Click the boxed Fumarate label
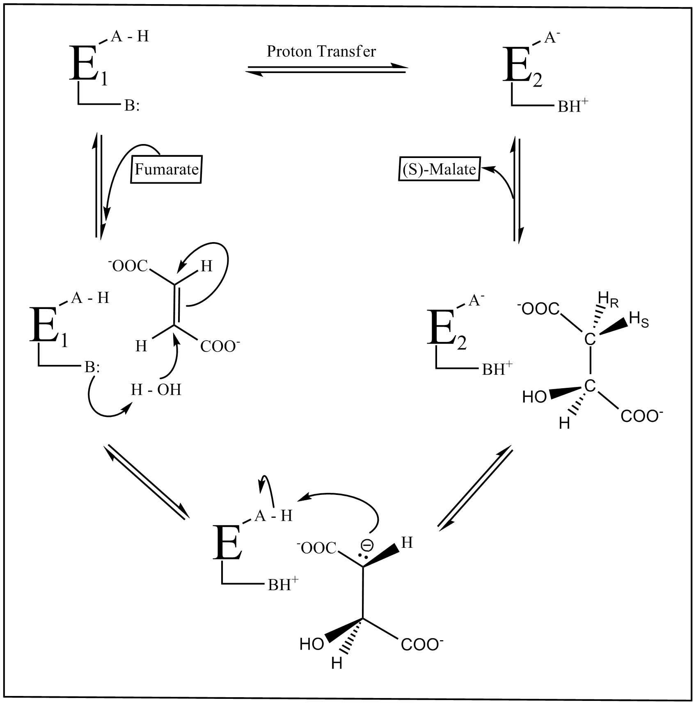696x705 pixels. pyautogui.click(x=166, y=169)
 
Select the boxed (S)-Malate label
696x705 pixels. pyautogui.click(x=439, y=169)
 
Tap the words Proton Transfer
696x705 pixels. pyautogui.click(x=321, y=51)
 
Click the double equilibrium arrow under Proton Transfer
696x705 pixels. pyautogui.click(x=326, y=70)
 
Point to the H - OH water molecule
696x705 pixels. pyautogui.click(x=156, y=389)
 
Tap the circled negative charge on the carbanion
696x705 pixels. pyautogui.click(x=367, y=545)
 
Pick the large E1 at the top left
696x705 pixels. pyautogui.click(x=84, y=64)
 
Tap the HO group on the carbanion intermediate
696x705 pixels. pyautogui.click(x=312, y=643)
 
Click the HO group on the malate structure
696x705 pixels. pyautogui.click(x=534, y=396)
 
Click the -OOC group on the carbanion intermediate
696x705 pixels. pyautogui.click(x=319, y=548)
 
